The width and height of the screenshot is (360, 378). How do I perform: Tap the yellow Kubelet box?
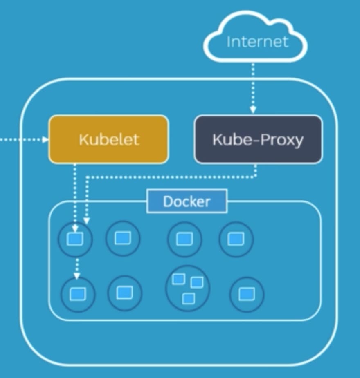pyautogui.click(x=109, y=139)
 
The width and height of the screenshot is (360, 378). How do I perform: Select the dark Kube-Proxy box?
pyautogui.click(x=258, y=139)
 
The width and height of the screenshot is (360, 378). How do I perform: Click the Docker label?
pyautogui.click(x=187, y=201)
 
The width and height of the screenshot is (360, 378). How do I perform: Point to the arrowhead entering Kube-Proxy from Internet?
pyautogui.click(x=253, y=110)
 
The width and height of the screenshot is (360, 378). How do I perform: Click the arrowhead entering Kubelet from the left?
pyautogui.click(x=45, y=139)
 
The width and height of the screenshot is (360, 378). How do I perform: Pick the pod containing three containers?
pyautogui.click(x=187, y=289)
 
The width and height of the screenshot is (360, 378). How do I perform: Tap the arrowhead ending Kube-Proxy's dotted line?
pyautogui.click(x=87, y=221)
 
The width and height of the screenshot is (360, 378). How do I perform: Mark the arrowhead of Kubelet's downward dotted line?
pyautogui.click(x=75, y=228)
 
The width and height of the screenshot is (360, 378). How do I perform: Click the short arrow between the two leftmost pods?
pyautogui.click(x=77, y=268)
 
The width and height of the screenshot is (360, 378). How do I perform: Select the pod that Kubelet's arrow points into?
pyautogui.click(x=75, y=239)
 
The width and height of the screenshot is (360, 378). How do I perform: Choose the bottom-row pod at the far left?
pyautogui.click(x=78, y=294)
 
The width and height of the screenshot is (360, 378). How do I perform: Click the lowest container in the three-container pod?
pyautogui.click(x=189, y=298)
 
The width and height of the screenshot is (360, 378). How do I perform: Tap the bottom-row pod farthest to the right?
pyautogui.click(x=247, y=294)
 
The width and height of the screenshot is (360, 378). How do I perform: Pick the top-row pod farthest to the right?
pyautogui.click(x=236, y=239)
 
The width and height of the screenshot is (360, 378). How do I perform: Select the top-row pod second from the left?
pyautogui.click(x=123, y=238)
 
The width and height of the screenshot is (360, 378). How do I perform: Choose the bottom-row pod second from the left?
pyautogui.click(x=125, y=293)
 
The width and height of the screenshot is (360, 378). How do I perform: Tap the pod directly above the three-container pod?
pyautogui.click(x=185, y=239)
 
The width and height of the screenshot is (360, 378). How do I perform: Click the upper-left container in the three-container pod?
pyautogui.click(x=179, y=279)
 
